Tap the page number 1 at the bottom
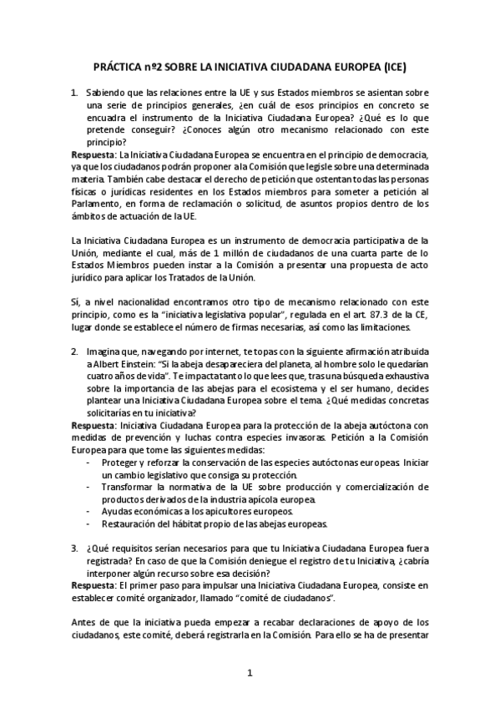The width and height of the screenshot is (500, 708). click(249, 673)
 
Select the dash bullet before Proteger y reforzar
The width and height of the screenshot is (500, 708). click(89, 462)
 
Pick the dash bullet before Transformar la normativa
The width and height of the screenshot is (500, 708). click(89, 486)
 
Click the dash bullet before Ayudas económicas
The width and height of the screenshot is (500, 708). click(89, 510)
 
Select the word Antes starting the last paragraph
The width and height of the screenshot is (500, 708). click(85, 622)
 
